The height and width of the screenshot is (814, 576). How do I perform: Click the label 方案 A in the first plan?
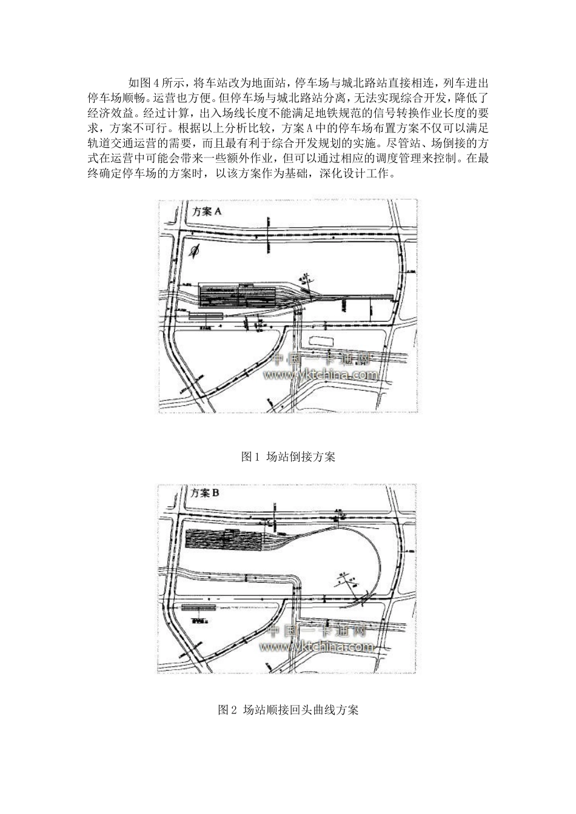207,212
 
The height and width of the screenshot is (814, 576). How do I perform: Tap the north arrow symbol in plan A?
195,250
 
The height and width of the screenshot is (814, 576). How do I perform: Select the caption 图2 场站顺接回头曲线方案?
288,710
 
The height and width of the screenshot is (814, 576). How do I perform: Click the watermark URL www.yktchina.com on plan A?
321,376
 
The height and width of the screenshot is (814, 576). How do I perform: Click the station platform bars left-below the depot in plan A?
206,316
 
